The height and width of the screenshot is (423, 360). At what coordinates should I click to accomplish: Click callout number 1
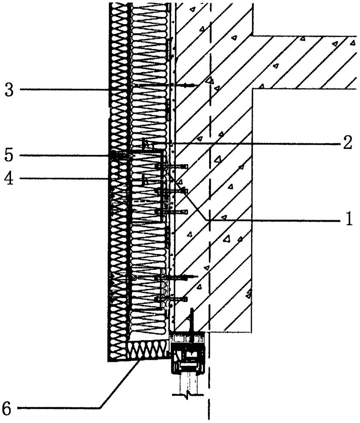(349, 219)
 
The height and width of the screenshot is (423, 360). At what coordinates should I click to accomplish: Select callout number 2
(348, 143)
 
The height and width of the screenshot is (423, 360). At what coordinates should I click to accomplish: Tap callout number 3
(9, 90)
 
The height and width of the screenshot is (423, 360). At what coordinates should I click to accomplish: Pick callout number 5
(9, 155)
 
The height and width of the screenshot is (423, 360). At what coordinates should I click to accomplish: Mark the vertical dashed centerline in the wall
(210, 210)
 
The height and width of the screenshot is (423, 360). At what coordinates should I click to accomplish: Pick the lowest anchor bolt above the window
(171, 299)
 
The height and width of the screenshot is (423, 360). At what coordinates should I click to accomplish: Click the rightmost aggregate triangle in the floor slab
(353, 42)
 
